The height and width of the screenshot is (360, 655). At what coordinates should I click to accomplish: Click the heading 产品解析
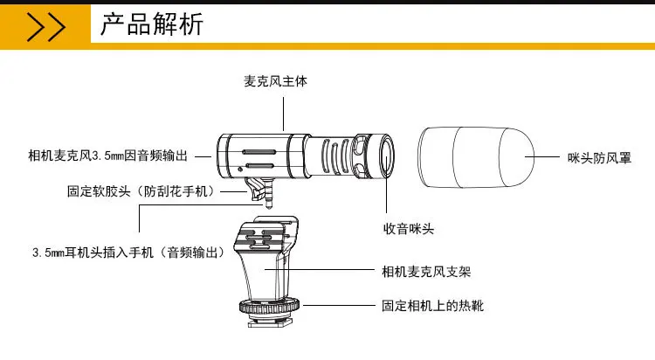(x=152, y=24)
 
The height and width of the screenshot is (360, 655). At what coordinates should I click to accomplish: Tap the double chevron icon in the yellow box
(x=46, y=27)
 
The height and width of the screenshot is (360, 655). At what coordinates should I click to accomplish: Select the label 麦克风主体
(x=275, y=81)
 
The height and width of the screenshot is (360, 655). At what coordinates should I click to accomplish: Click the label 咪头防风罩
(x=599, y=158)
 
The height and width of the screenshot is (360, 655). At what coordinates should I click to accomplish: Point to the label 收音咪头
(x=409, y=229)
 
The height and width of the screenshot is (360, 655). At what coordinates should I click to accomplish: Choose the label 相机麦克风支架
(x=426, y=272)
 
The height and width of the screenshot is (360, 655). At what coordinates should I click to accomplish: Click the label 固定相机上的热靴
(x=432, y=306)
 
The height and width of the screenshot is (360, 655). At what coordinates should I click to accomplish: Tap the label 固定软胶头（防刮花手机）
(x=141, y=191)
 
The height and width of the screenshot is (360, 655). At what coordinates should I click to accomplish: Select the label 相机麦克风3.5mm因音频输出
(x=107, y=156)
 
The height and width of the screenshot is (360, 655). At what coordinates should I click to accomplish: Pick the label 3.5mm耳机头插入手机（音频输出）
(x=129, y=253)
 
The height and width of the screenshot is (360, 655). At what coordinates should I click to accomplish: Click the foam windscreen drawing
(x=476, y=157)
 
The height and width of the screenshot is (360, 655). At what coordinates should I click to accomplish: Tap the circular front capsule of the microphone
(x=387, y=156)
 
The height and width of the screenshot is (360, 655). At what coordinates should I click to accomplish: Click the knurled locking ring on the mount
(x=270, y=308)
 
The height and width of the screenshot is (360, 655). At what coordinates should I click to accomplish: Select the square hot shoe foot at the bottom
(x=270, y=322)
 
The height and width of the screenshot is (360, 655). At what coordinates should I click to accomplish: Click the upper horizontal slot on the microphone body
(x=259, y=152)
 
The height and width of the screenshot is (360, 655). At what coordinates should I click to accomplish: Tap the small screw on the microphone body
(x=240, y=170)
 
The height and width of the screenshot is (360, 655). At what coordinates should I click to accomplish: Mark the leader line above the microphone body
(x=283, y=114)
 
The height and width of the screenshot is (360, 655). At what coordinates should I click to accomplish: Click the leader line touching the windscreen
(x=542, y=156)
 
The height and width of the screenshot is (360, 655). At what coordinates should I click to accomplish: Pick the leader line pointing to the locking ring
(x=339, y=305)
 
